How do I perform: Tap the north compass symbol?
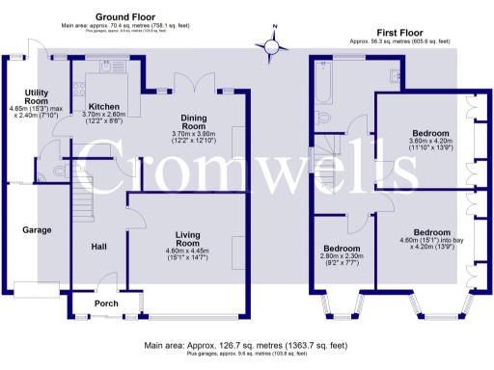pyautogui.click(x=273, y=43)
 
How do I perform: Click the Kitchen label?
pyautogui.click(x=103, y=107)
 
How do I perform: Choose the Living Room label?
pyautogui.click(x=190, y=234)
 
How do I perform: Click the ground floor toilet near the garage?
pyautogui.click(x=59, y=170)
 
